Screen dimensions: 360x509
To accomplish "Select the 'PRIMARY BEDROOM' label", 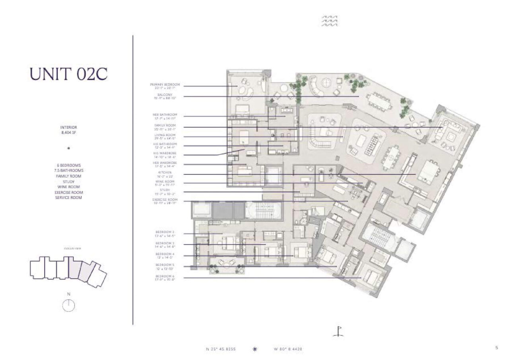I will [x=165, y=85].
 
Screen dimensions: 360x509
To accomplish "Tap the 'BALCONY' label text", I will [x=165, y=95].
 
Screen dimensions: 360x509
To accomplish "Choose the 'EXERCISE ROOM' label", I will [x=165, y=199].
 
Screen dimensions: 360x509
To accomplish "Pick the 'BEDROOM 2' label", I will [x=165, y=232].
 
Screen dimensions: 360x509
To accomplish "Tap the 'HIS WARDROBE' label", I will [x=165, y=153].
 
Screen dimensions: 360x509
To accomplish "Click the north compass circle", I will [x=69, y=305].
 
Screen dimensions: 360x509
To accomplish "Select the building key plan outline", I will [x=68, y=270].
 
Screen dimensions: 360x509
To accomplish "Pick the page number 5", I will [x=497, y=347].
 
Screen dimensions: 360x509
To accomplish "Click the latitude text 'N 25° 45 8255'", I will [x=221, y=349].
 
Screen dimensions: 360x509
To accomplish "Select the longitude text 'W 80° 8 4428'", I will [x=289, y=349].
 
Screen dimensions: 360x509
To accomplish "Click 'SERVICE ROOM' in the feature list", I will [x=69, y=197].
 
